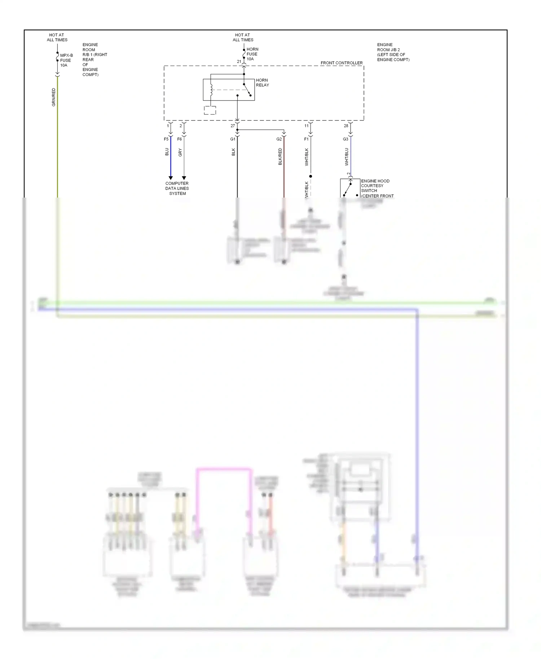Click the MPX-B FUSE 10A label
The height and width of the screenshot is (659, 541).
click(66, 60)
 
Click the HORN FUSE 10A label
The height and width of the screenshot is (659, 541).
click(252, 54)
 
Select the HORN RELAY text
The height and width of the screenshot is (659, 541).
click(262, 83)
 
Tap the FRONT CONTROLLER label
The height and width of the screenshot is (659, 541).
click(341, 63)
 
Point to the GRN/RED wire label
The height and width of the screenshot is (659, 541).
click(54, 97)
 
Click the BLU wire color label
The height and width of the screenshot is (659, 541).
click(167, 152)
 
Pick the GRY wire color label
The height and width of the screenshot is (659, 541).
click(180, 152)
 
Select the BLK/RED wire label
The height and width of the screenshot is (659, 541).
click(280, 156)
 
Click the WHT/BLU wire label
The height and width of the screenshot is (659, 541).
click(347, 156)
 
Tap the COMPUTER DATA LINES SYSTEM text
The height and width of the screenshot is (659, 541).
click(177, 188)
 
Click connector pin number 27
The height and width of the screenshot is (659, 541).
click(233, 126)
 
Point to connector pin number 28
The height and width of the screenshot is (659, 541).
click(346, 126)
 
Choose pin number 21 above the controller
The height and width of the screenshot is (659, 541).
click(239, 62)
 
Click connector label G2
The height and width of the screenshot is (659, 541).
click(279, 139)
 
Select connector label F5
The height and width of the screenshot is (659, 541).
click(166, 139)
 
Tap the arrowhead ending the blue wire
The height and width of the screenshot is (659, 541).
click(171, 178)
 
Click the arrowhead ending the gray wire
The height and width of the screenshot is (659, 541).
click(184, 178)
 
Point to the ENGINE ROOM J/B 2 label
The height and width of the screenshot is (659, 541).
click(393, 52)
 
